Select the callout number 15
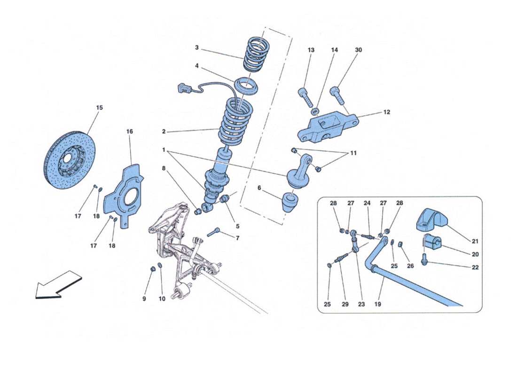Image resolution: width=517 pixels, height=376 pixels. [99, 108]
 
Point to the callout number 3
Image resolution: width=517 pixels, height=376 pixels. [197, 47]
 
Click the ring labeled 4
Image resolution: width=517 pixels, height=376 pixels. [247, 86]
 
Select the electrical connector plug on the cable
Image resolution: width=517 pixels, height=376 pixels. [183, 88]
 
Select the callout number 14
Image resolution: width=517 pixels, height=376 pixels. [334, 50]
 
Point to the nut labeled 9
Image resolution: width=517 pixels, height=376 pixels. [153, 268]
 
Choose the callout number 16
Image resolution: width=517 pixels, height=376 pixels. [130, 132]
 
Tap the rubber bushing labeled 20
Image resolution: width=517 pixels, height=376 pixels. [432, 243]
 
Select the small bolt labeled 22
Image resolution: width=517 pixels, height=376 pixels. [425, 258]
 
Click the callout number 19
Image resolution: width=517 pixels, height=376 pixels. [378, 305]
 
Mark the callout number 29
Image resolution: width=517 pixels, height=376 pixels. [345, 305]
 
